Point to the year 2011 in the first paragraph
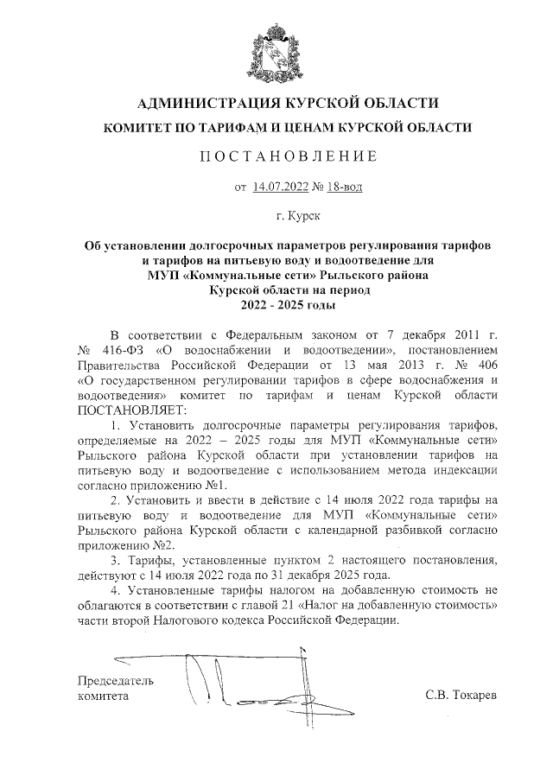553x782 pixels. [x=458, y=334]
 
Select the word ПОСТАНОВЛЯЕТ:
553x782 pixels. [x=125, y=410]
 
